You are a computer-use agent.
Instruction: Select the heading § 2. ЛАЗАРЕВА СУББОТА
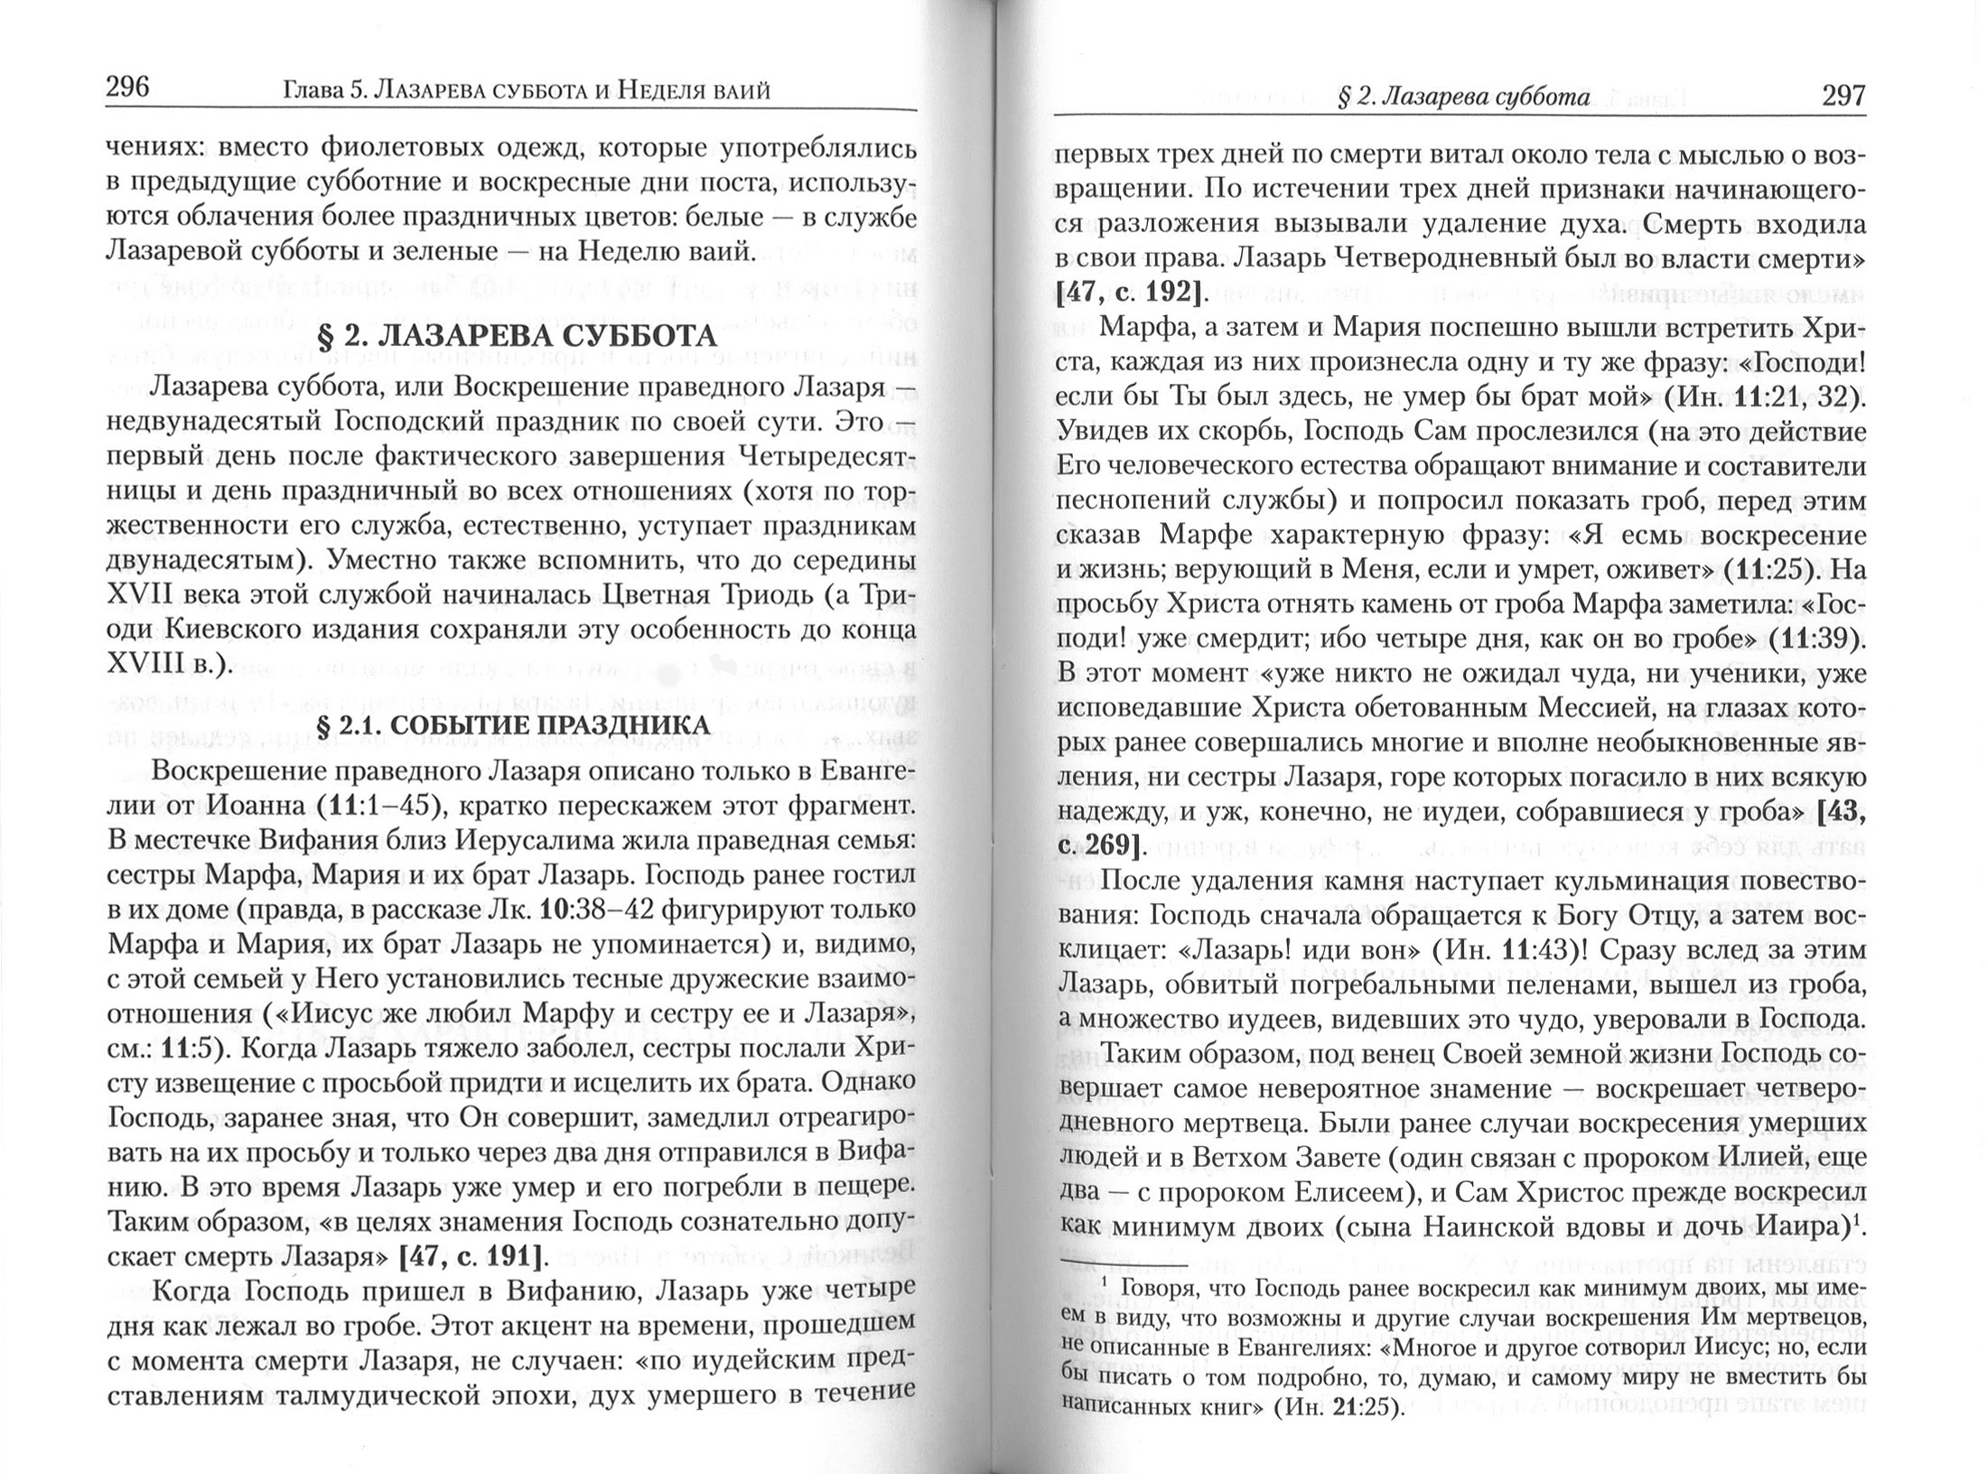click(517, 335)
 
